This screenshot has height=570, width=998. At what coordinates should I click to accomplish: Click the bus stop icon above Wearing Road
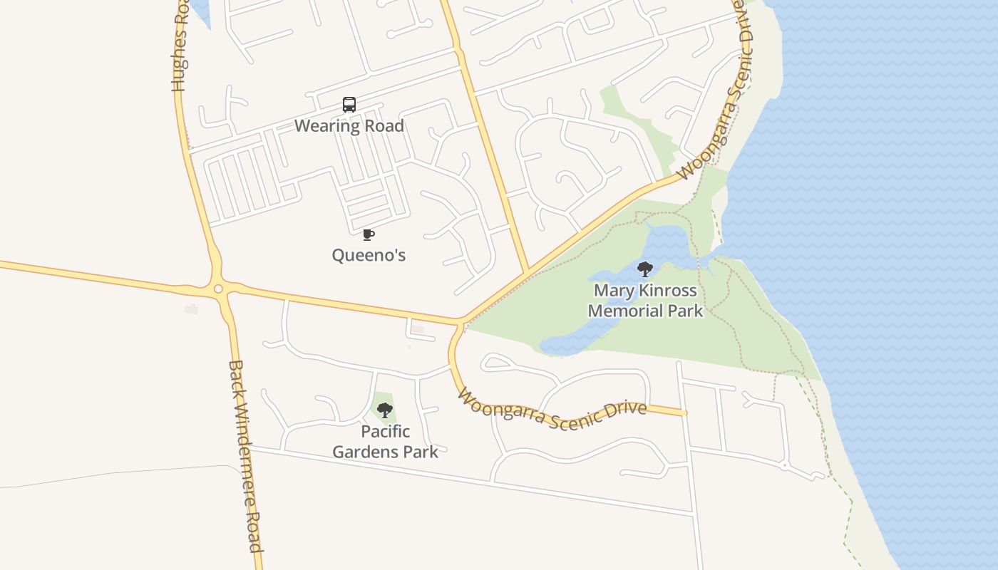(349, 105)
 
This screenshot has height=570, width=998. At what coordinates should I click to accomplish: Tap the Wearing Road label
(349, 126)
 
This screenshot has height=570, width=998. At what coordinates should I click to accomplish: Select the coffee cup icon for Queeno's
(369, 234)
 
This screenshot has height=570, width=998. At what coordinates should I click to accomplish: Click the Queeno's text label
(369, 254)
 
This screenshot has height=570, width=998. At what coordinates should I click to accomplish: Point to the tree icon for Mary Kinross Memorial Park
(645, 269)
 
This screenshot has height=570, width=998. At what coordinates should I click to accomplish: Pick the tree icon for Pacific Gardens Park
(385, 410)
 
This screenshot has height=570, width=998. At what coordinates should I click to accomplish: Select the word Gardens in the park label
(362, 451)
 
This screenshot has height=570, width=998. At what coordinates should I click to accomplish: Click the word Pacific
(385, 431)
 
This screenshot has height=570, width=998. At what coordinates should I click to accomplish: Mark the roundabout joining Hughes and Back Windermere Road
(218, 289)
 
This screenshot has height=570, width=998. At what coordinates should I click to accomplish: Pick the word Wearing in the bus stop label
(325, 126)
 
